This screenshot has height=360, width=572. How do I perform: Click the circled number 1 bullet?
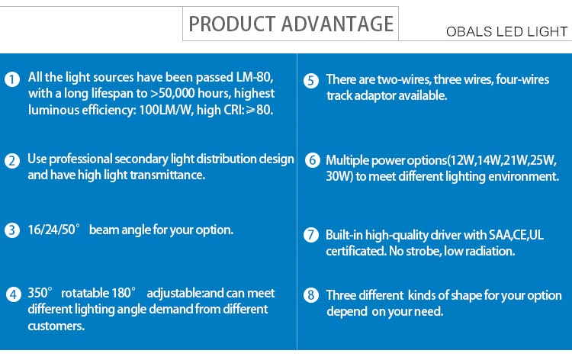click(x=12, y=79)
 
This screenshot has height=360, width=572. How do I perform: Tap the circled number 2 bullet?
click(x=12, y=161)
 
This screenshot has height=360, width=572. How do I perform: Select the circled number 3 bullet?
click(x=12, y=230)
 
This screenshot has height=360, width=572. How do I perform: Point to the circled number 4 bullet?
click(x=14, y=294)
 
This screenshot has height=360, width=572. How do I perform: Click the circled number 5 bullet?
click(x=311, y=81)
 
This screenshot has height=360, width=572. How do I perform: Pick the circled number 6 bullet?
click(x=312, y=160)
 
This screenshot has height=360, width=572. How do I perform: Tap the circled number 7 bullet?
click(x=311, y=235)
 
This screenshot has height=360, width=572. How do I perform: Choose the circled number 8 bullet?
click(x=311, y=294)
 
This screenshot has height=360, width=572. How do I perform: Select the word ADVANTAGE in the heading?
click(x=337, y=24)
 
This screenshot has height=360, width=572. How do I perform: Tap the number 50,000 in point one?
click(x=177, y=93)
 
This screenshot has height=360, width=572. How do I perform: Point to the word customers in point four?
click(x=56, y=326)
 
